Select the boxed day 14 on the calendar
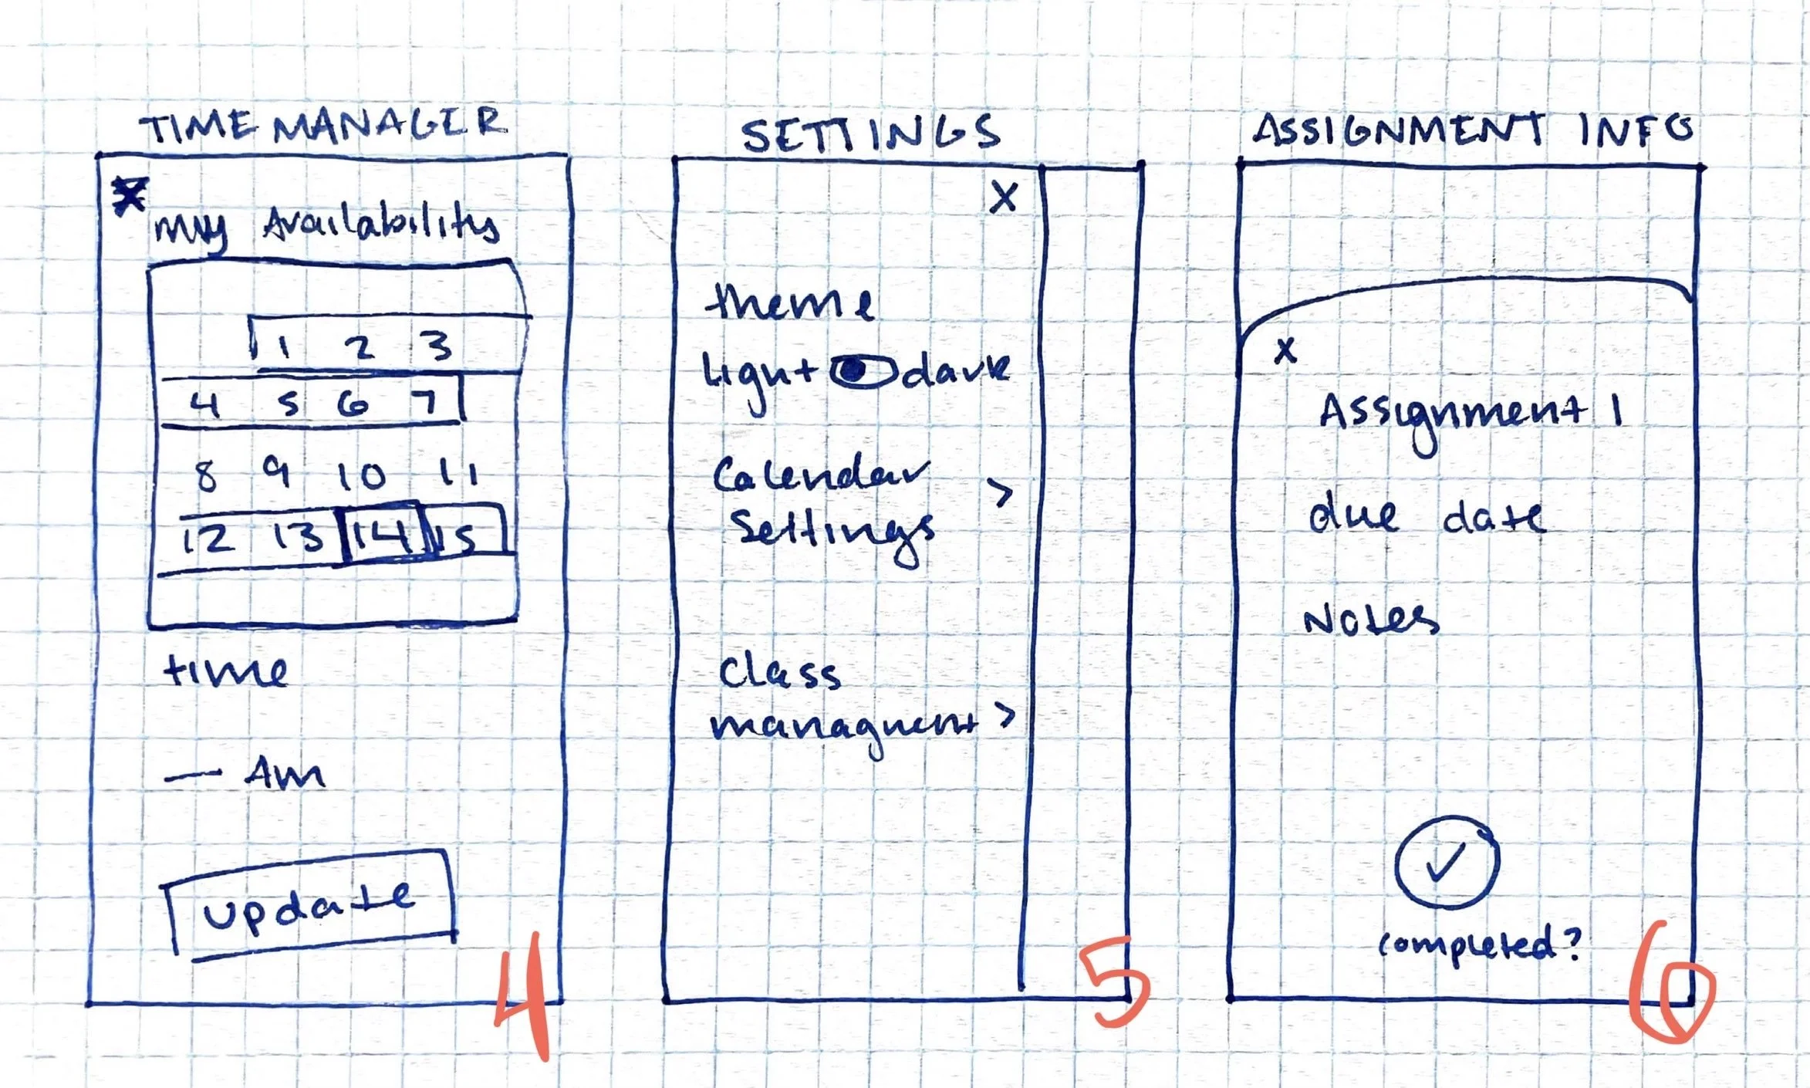383,532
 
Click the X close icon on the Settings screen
1004,198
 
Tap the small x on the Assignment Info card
1285,351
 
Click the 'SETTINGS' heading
870,133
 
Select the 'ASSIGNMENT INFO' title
1472,130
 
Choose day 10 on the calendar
361,475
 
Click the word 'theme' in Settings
789,302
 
